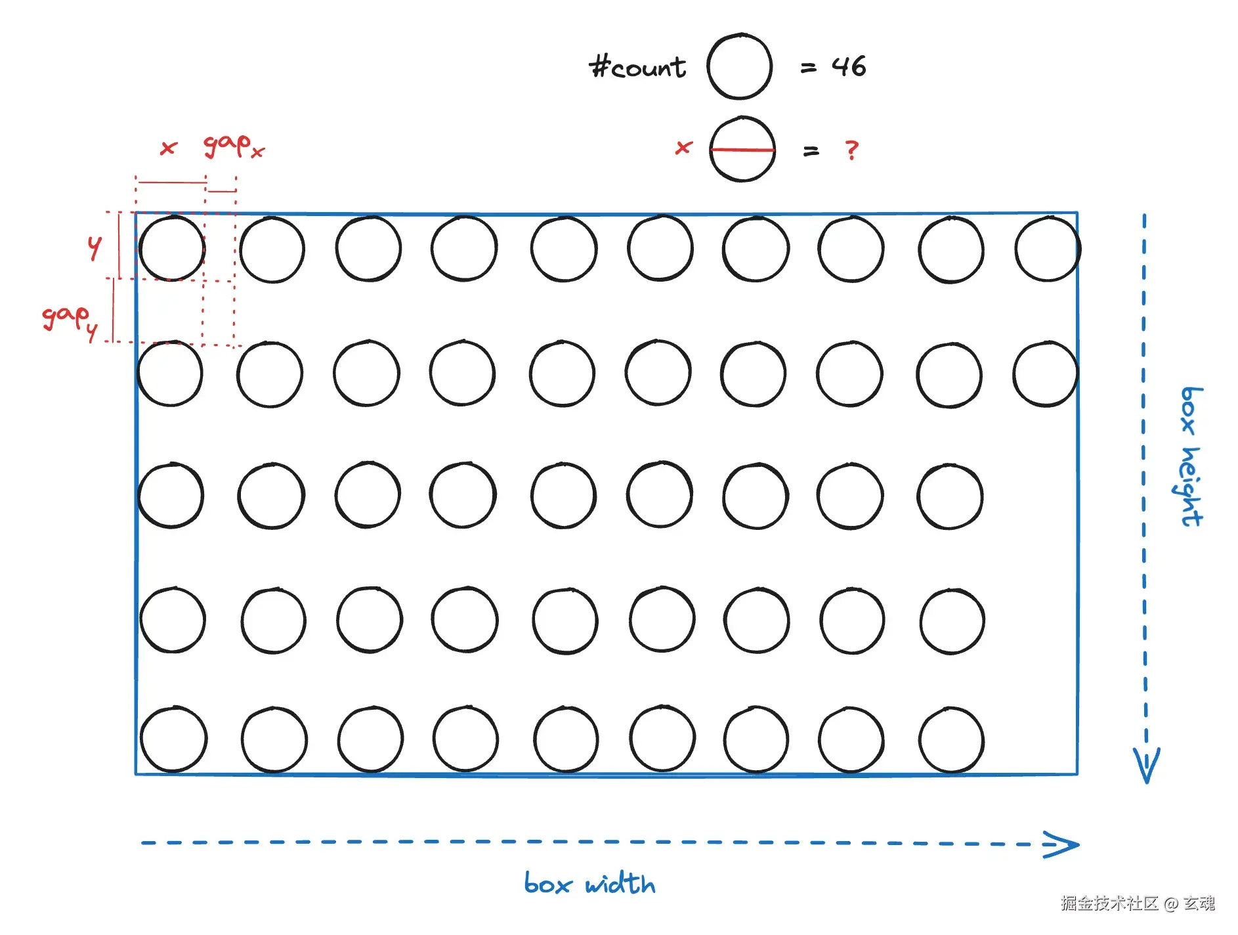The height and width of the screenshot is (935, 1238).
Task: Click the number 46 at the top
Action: (848, 66)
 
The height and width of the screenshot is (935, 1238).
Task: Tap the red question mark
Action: (851, 150)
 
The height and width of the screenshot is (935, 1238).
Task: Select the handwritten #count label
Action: (637, 67)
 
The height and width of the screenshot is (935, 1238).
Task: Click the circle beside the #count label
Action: (739, 66)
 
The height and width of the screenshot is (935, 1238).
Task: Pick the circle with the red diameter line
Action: (742, 149)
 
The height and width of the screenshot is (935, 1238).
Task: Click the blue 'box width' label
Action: (589, 884)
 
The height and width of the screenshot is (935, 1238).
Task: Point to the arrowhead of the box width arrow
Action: (1063, 845)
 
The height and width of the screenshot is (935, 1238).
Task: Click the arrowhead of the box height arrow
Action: (1146, 765)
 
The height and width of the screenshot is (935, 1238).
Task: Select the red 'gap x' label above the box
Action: (233, 145)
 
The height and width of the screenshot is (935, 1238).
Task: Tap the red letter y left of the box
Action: (95, 247)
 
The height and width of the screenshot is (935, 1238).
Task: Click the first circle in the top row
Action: (171, 248)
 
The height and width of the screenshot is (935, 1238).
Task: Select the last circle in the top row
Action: (1047, 249)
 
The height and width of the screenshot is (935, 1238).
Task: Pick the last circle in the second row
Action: (1045, 373)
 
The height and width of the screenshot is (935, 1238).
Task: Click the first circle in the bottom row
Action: (173, 739)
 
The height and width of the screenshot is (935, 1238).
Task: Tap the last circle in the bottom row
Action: (951, 739)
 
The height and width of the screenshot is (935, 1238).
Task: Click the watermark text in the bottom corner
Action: (1137, 903)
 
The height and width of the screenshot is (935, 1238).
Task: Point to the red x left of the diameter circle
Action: (683, 148)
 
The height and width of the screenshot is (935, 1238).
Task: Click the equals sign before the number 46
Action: (808, 68)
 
